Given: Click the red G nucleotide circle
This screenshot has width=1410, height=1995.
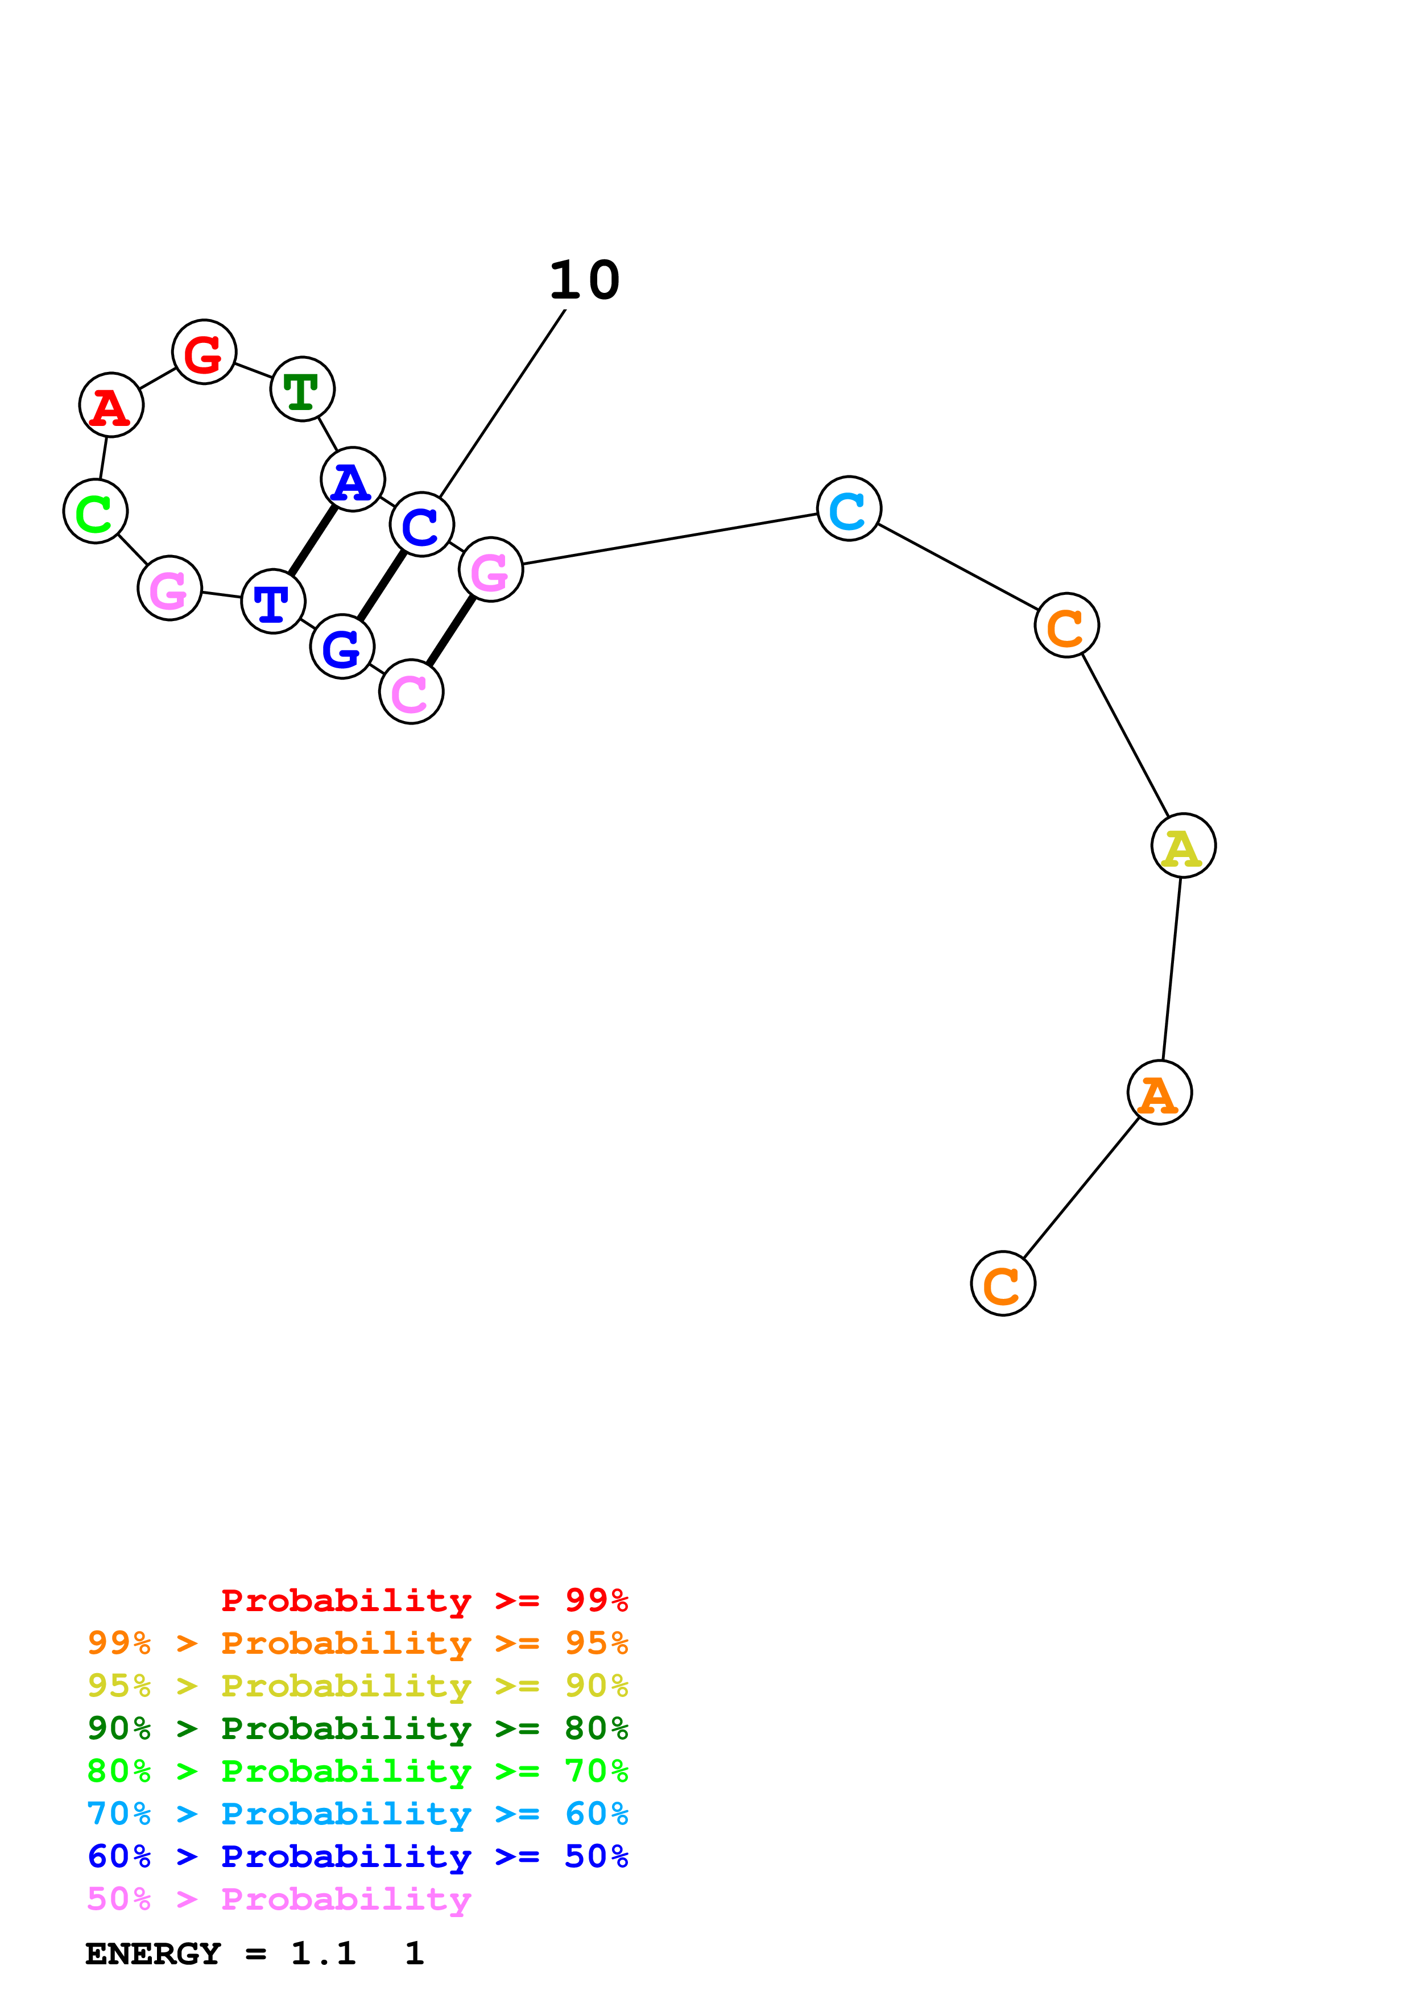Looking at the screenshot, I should [x=204, y=352].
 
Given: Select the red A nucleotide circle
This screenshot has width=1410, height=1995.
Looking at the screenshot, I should [x=111, y=405].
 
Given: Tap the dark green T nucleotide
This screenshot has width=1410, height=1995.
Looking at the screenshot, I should [x=303, y=388].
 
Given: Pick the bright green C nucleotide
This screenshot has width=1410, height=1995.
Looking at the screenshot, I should [x=96, y=511].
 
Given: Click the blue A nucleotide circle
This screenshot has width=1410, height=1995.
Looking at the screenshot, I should [x=353, y=479].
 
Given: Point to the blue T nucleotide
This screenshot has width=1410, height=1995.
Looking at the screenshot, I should [x=274, y=601].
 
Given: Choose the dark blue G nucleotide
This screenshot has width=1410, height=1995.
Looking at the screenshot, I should [x=342, y=647].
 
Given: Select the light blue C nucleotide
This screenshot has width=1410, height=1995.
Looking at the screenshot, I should [x=849, y=508].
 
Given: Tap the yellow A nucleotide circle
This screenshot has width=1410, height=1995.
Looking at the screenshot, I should [x=1183, y=846].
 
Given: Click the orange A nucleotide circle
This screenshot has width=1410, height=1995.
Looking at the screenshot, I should [x=1159, y=1092].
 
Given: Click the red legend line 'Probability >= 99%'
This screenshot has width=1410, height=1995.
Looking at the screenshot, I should [x=424, y=1600].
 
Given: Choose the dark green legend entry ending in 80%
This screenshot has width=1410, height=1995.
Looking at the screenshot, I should [x=357, y=1728].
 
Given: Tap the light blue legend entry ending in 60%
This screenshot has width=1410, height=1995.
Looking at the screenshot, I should [x=357, y=1814].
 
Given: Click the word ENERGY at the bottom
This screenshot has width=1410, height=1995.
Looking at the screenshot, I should [x=153, y=1953].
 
